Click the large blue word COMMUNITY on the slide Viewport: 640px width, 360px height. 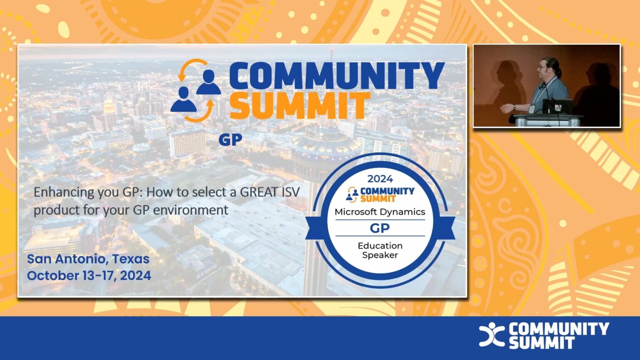[337, 76]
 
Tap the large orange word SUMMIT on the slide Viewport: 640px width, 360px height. [299, 106]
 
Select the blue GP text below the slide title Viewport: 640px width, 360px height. [230, 140]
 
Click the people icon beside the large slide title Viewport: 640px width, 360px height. [196, 90]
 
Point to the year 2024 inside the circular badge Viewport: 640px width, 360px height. [380, 179]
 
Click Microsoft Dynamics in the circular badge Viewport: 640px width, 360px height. [380, 212]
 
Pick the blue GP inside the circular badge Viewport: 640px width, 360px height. [380, 228]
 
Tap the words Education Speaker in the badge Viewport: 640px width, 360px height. [380, 250]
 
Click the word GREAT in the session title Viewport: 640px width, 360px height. [259, 192]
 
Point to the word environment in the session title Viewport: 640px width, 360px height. [190, 210]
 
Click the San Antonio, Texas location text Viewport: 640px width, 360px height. [88, 259]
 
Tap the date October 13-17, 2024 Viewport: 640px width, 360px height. [89, 275]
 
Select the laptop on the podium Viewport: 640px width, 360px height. [557, 106]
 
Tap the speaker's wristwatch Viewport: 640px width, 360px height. [514, 107]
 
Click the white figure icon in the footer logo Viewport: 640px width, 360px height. [492, 334]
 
